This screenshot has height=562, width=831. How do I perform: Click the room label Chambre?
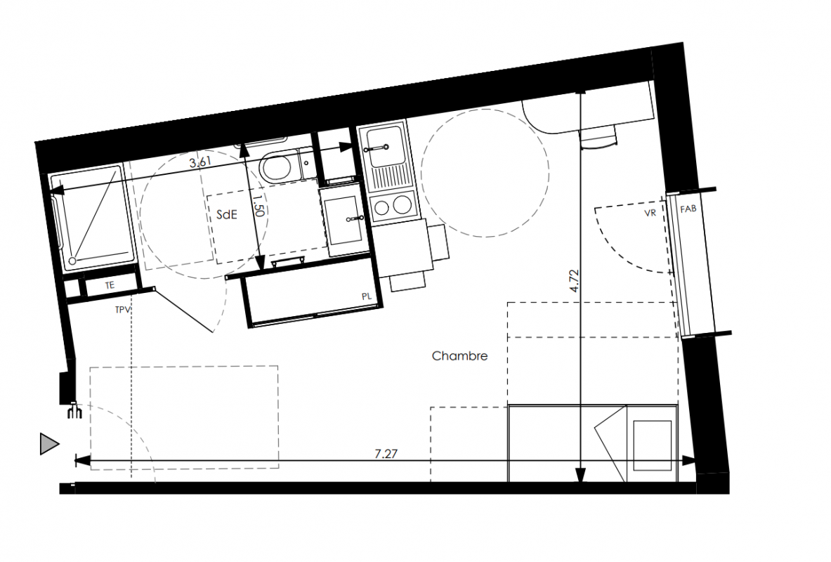(x=459, y=355)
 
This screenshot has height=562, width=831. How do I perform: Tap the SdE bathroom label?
(x=227, y=215)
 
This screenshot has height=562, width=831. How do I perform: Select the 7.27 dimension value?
(x=386, y=453)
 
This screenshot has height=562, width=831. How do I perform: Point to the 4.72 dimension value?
(x=575, y=281)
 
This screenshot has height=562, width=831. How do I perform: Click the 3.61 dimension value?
(x=200, y=162)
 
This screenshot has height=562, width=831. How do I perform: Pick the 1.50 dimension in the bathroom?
(x=258, y=206)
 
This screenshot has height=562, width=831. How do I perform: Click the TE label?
(x=109, y=285)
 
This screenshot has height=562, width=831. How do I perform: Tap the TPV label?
(x=122, y=310)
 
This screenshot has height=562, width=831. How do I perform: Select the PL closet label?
(x=366, y=297)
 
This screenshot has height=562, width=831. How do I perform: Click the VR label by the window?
(x=650, y=213)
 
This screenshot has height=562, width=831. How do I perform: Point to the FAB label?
(x=688, y=209)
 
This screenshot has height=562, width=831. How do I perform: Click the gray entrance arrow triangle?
(x=49, y=444)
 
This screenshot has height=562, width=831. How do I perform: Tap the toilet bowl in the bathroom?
(x=275, y=166)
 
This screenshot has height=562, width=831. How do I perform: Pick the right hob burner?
(x=403, y=204)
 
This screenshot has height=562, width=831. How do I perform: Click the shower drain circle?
(x=72, y=261)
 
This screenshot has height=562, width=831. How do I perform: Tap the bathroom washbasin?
(x=343, y=220)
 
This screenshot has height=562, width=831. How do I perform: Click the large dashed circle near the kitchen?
(x=485, y=172)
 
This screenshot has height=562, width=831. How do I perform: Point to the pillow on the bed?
(x=652, y=445)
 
